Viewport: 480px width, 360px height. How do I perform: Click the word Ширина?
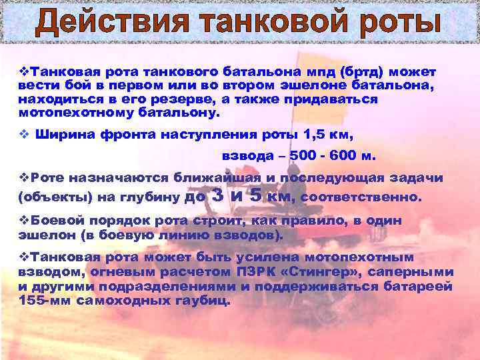pos(63,135)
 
